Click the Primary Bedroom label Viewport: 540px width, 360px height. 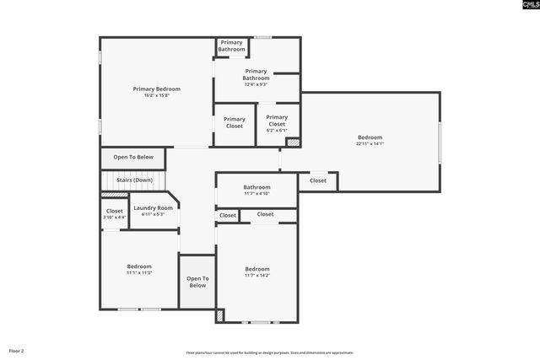coord(156,89)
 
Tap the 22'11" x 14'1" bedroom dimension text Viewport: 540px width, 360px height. coord(370,144)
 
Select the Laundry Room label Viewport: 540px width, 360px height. coord(153,207)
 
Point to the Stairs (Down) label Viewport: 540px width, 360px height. coord(133,180)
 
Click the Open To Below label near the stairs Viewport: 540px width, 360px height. coord(133,157)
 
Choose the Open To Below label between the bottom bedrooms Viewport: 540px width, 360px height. coord(197,282)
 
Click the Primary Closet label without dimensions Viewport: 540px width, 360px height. coord(235,122)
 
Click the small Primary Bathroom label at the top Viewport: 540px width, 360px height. coord(231,46)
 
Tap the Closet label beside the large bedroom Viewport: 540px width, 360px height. coord(318,180)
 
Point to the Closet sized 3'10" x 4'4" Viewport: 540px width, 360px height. coord(114,214)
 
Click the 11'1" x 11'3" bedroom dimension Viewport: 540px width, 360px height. coord(139,273)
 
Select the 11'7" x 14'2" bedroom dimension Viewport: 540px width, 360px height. coord(257,276)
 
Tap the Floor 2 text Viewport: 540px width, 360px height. coord(17,350)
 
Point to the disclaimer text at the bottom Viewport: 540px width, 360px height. coord(270,352)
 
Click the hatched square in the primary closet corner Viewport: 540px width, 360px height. coord(293,143)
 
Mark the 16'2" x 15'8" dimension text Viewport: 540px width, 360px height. coord(156,95)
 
